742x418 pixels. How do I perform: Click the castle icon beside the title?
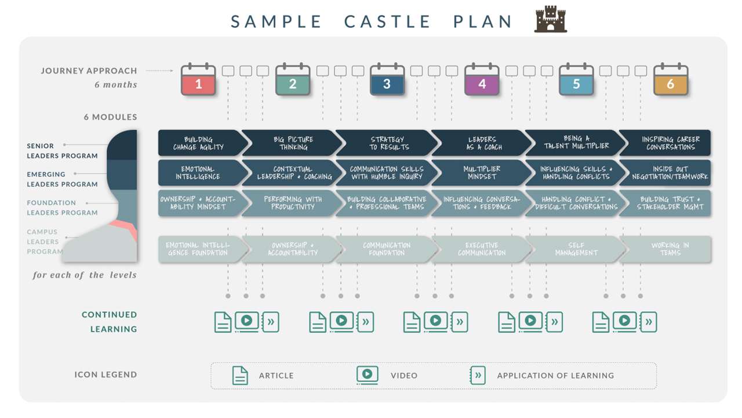[x=550, y=20]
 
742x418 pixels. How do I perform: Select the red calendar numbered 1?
[x=198, y=81]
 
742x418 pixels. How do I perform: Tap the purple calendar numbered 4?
[x=482, y=81]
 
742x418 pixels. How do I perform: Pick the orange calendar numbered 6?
[x=671, y=81]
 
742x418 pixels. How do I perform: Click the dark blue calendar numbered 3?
[x=387, y=81]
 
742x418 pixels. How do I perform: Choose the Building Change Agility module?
[x=199, y=143]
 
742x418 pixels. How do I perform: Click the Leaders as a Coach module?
[x=482, y=143]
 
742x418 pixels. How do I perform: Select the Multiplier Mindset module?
[x=482, y=173]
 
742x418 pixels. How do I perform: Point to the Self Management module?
[x=576, y=249]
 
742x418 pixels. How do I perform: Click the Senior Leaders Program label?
[x=62, y=151]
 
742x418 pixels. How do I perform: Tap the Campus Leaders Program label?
[x=45, y=242]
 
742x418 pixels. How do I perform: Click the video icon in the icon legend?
[x=367, y=375]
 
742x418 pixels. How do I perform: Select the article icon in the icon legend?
[x=239, y=376]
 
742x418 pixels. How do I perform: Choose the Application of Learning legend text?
[x=555, y=376]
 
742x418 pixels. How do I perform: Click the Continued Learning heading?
[x=110, y=322]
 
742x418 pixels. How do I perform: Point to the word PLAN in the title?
[x=482, y=22]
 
